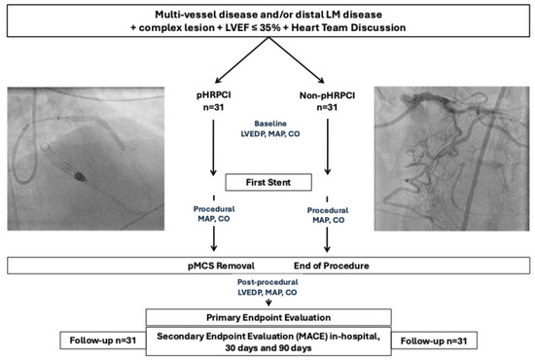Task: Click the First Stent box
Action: point(267,181)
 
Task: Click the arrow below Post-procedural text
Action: point(267,301)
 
